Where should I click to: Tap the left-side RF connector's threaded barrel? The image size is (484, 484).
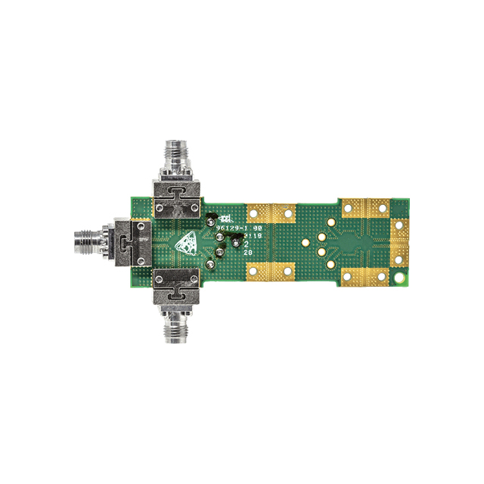pos(89,242)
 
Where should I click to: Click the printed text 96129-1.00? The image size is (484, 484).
pos(239,228)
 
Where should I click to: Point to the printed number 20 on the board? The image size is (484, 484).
pos(247,263)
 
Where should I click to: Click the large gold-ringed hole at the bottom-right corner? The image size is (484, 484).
pos(399,279)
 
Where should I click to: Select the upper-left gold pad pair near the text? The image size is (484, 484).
pos(271,214)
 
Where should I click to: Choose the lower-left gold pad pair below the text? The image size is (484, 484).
pos(271,270)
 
